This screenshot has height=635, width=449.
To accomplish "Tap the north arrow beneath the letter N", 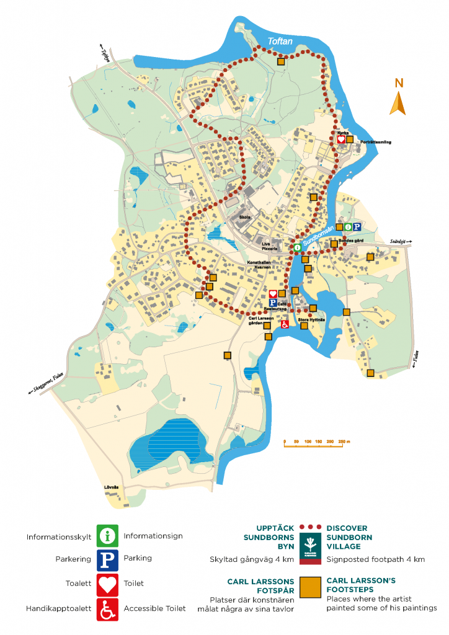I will click(398, 104).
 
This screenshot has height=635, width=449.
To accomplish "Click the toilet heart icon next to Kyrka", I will click(340, 140).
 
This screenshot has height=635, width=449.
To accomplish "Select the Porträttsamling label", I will click(373, 143).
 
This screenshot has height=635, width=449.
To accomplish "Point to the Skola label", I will click(244, 217).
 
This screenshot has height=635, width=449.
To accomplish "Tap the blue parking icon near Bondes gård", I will click(357, 227).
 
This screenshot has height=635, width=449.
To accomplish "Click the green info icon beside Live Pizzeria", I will click(296, 247).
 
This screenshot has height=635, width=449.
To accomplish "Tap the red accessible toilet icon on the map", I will click(285, 324).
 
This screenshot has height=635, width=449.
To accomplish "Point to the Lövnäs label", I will click(112, 487).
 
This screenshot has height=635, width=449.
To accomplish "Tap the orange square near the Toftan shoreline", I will click(280, 61).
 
